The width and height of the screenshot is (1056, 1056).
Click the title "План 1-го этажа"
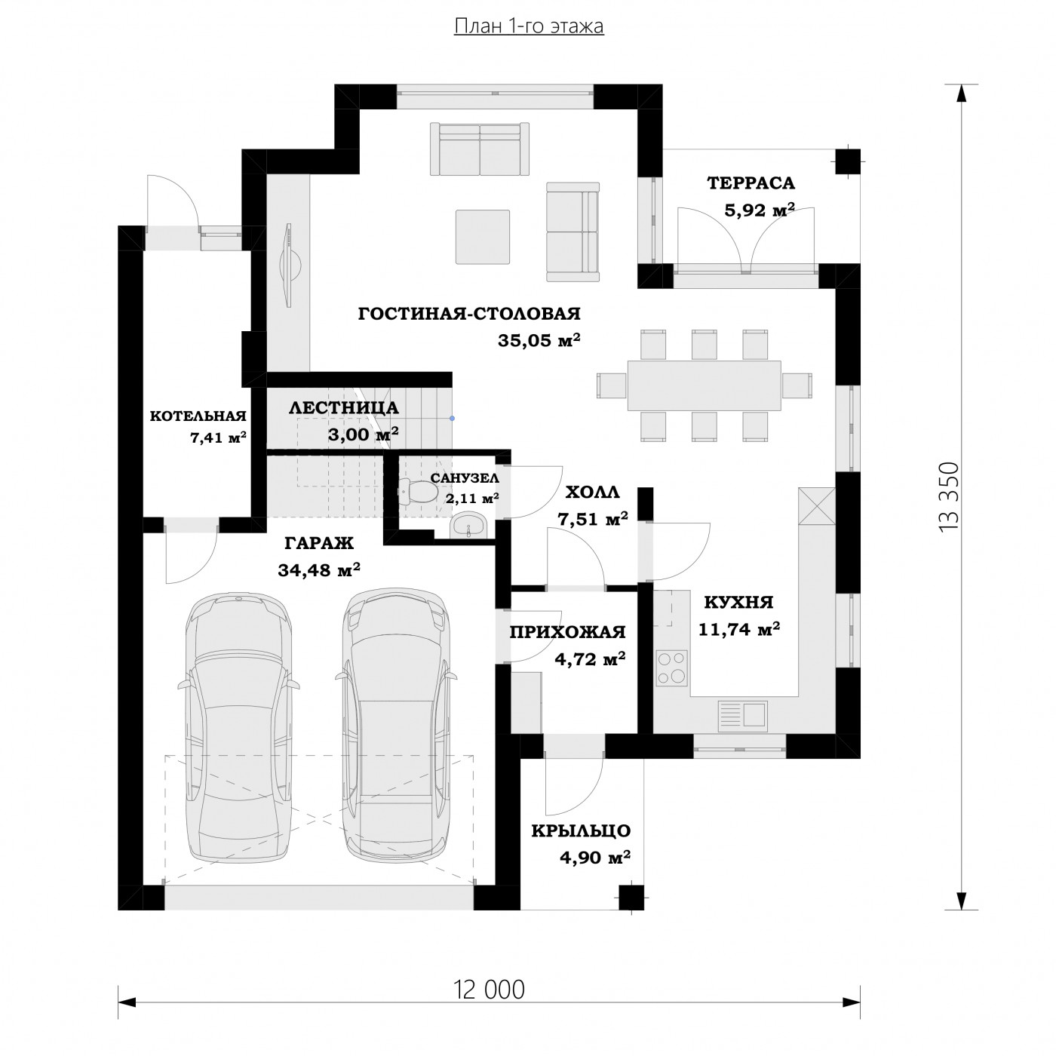(529, 26)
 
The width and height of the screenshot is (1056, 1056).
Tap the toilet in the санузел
(417, 491)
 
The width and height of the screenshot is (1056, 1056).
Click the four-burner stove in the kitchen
(672, 667)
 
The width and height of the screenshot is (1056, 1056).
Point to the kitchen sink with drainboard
(742, 715)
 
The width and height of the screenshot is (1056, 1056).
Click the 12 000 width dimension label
(489, 990)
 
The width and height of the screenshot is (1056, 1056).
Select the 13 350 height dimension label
(949, 496)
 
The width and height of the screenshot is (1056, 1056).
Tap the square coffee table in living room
(483, 237)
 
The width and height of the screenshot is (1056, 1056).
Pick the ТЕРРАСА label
(751, 183)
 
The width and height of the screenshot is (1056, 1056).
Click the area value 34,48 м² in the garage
(319, 570)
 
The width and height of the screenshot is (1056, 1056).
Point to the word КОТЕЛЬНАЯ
(198, 416)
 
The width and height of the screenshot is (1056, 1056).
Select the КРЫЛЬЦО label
(581, 830)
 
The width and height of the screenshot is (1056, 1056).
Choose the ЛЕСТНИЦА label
(344, 408)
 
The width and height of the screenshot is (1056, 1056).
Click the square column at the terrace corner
(848, 161)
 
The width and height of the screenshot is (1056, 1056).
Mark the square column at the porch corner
(632, 898)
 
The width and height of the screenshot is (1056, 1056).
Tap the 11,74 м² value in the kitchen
(739, 629)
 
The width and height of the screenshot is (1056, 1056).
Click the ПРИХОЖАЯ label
(568, 632)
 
